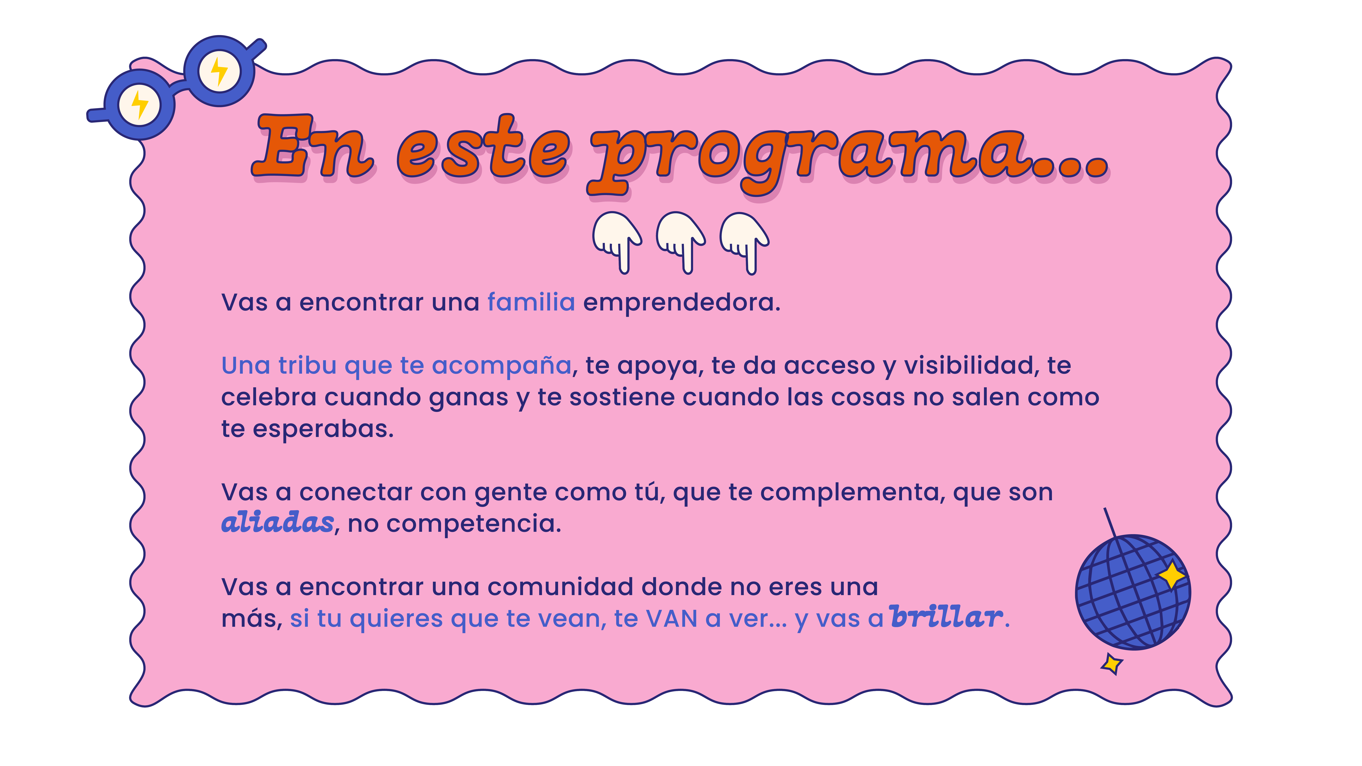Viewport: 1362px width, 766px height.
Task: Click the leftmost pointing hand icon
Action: [617, 242]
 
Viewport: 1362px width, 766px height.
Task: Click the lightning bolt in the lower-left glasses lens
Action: [140, 104]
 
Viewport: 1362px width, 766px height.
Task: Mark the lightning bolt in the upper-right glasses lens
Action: [219, 71]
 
